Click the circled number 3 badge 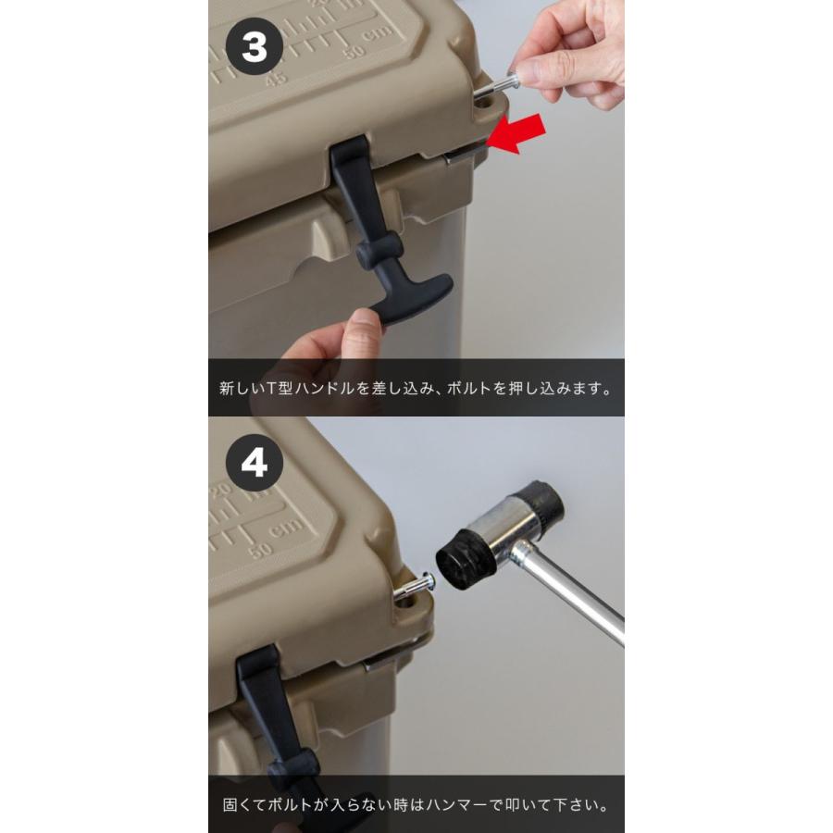[254, 46]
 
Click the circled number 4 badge [254, 463]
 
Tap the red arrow [516, 134]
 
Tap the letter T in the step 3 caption [268, 389]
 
